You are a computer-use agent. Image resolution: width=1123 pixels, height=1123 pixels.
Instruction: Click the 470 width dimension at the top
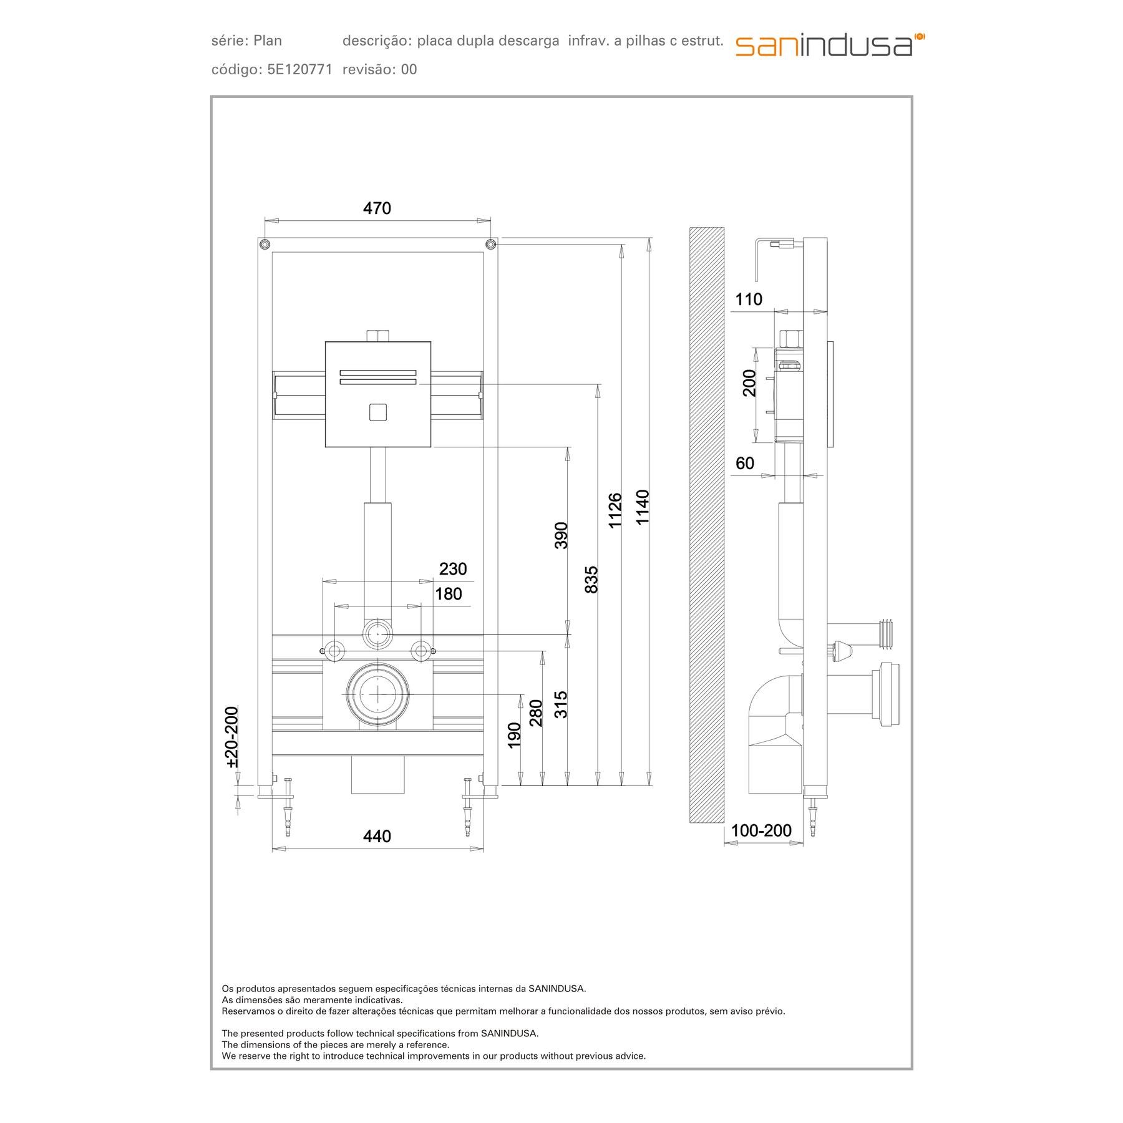(x=377, y=208)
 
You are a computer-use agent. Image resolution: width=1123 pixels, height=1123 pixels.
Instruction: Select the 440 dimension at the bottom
(x=377, y=836)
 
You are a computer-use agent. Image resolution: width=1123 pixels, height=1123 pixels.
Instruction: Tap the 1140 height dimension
(x=643, y=507)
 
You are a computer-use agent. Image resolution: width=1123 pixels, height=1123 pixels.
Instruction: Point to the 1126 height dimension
(x=615, y=510)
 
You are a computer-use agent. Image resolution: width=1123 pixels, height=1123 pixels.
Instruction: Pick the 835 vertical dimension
(x=591, y=579)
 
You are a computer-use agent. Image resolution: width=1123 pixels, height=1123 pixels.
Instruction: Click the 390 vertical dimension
(x=561, y=535)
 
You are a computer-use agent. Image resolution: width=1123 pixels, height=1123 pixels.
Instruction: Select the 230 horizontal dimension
(x=452, y=569)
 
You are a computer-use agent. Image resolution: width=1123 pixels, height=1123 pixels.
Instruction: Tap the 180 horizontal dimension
(x=448, y=594)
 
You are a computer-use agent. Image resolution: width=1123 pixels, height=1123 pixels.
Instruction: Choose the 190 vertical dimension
(x=515, y=735)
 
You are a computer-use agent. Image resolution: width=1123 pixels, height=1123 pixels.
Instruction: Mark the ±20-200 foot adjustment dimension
(x=232, y=736)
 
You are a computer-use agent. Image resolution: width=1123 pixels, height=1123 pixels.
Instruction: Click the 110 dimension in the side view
(x=748, y=299)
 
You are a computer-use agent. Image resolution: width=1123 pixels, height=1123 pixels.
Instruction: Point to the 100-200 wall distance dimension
(x=761, y=830)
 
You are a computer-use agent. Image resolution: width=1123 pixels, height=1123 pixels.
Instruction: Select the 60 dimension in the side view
(x=745, y=463)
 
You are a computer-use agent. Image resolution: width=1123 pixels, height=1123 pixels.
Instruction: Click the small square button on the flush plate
(x=377, y=412)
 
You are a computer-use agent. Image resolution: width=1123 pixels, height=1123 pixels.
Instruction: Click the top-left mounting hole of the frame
(x=265, y=243)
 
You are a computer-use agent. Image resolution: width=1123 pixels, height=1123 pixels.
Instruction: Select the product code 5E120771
(x=299, y=69)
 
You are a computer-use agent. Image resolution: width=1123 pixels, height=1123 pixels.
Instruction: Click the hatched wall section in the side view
(x=706, y=524)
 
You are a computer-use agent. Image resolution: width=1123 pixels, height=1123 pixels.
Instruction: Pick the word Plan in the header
(x=268, y=41)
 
